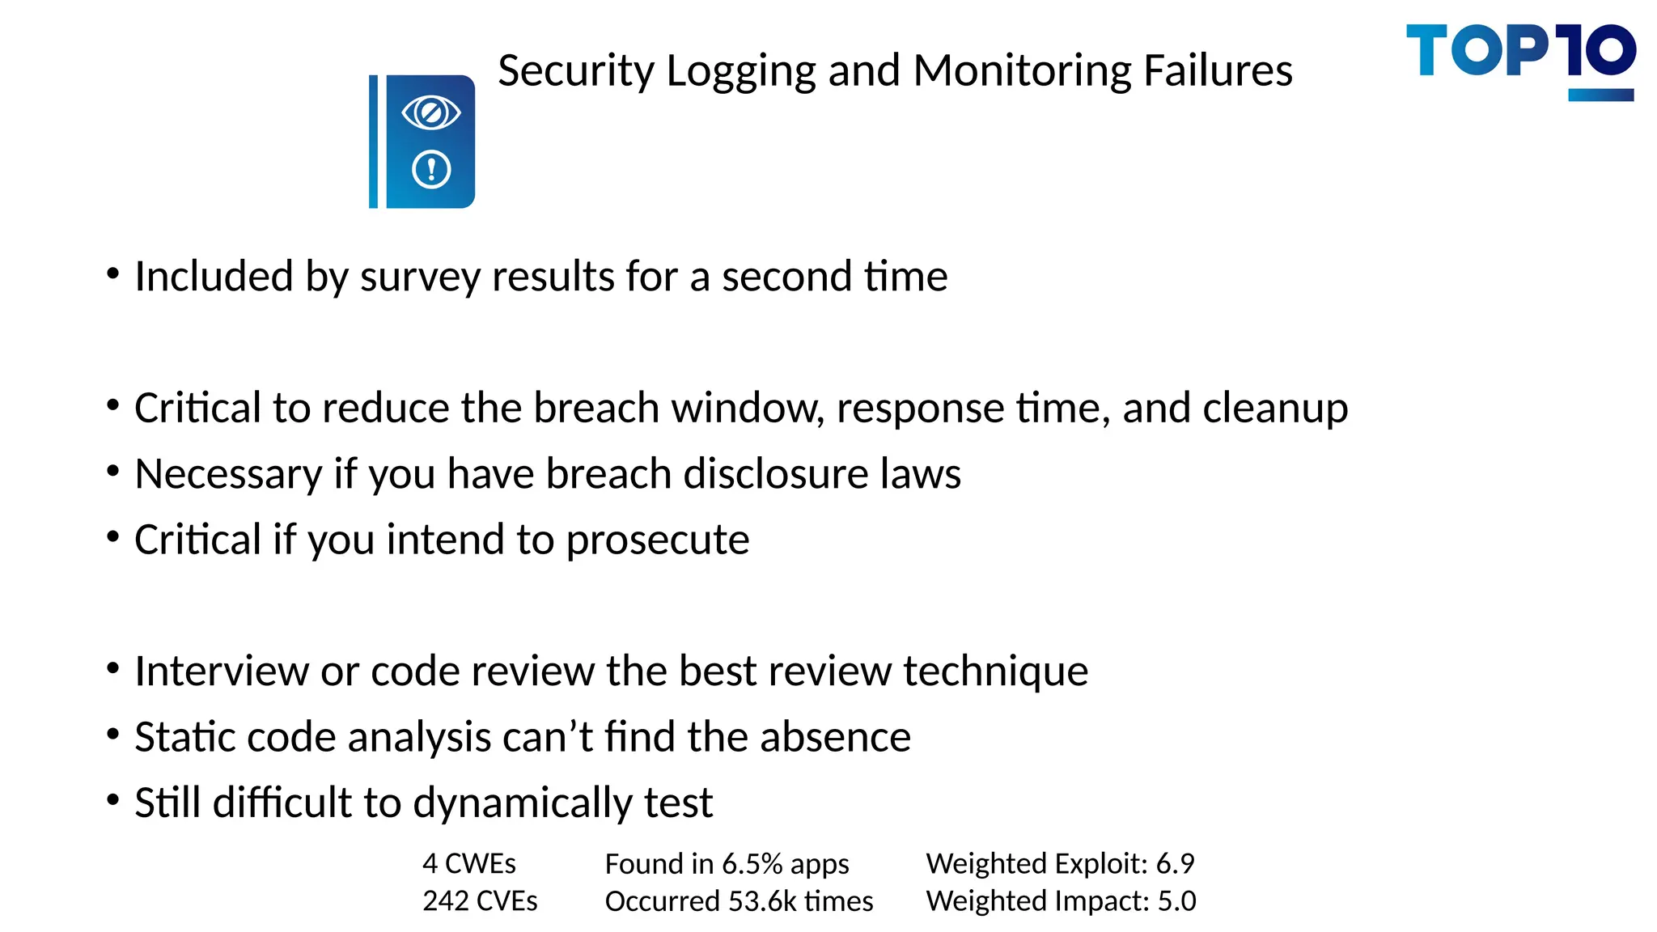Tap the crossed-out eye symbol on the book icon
(431, 112)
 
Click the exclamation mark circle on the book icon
(431, 170)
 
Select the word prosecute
(658, 540)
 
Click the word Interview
(221, 671)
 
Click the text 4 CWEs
(469, 864)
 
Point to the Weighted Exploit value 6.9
(1175, 864)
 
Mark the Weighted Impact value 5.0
(1176, 901)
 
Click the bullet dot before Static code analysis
(113, 735)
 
